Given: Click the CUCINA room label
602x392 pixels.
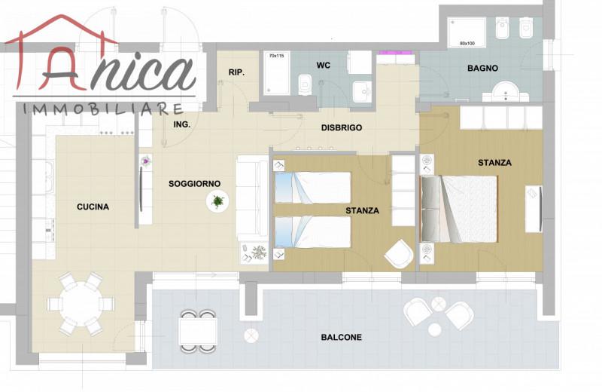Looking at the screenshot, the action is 93,207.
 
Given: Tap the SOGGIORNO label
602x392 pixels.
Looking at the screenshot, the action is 194,184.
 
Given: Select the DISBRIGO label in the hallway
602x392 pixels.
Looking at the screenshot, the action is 342,127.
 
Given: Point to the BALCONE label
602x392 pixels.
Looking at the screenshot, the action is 342,338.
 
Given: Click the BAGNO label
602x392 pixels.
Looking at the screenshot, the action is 482,69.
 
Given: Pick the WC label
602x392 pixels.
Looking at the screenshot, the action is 324,66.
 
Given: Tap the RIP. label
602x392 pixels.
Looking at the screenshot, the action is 236,72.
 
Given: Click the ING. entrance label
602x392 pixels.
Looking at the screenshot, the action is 181,124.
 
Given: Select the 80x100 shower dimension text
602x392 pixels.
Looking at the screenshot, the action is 467,44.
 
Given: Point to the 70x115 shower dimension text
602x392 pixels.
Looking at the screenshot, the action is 276,56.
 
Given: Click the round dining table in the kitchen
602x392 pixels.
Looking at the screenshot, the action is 81,304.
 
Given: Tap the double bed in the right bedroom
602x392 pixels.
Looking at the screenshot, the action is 459,209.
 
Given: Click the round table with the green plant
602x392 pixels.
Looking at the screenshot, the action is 217,201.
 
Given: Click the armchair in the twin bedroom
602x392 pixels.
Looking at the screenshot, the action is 399,253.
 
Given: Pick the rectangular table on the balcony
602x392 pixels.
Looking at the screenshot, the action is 198,331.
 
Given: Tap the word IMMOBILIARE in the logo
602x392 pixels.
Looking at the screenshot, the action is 103,109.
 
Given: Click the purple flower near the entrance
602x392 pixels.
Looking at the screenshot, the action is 146,161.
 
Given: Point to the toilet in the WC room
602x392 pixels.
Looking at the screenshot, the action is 306,84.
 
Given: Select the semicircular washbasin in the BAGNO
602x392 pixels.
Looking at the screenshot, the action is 506,91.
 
